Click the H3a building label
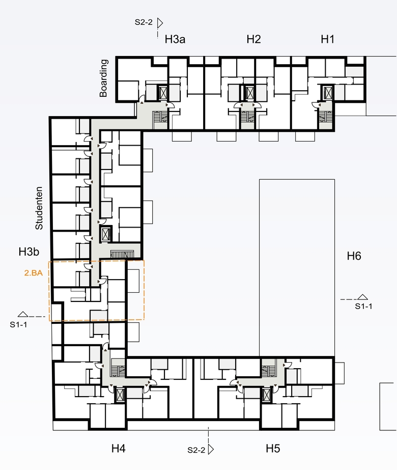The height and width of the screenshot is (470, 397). pyautogui.click(x=175, y=39)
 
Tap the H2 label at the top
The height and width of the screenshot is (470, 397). pyautogui.click(x=253, y=39)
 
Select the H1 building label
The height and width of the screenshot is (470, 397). pyautogui.click(x=327, y=39)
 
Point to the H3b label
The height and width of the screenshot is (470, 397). pyautogui.click(x=29, y=252)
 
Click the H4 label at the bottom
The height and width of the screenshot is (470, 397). pyautogui.click(x=119, y=449)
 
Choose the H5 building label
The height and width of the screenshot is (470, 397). pyautogui.click(x=273, y=449)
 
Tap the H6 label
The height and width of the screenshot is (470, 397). pyautogui.click(x=354, y=256)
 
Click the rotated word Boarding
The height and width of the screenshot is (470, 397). pyautogui.click(x=103, y=78)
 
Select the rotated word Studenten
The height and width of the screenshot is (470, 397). pyautogui.click(x=39, y=208)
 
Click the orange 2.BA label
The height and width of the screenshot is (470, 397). pyautogui.click(x=34, y=273)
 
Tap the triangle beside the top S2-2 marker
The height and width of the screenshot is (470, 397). pyautogui.click(x=160, y=23)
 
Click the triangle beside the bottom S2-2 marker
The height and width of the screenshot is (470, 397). pyautogui.click(x=211, y=449)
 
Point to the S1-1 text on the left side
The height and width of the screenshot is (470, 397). pyautogui.click(x=18, y=325)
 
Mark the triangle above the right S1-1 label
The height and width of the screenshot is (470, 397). pyautogui.click(x=362, y=297)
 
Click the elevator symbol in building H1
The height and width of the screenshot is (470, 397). pyautogui.click(x=327, y=92)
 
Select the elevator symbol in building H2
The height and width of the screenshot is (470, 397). pyautogui.click(x=249, y=92)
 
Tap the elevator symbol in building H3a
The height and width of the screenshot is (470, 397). pyautogui.click(x=163, y=93)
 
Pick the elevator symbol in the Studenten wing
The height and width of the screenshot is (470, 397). pyautogui.click(x=106, y=234)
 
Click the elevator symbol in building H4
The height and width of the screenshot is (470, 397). pyautogui.click(x=120, y=395)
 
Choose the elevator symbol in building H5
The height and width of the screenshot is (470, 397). pyautogui.click(x=266, y=395)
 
